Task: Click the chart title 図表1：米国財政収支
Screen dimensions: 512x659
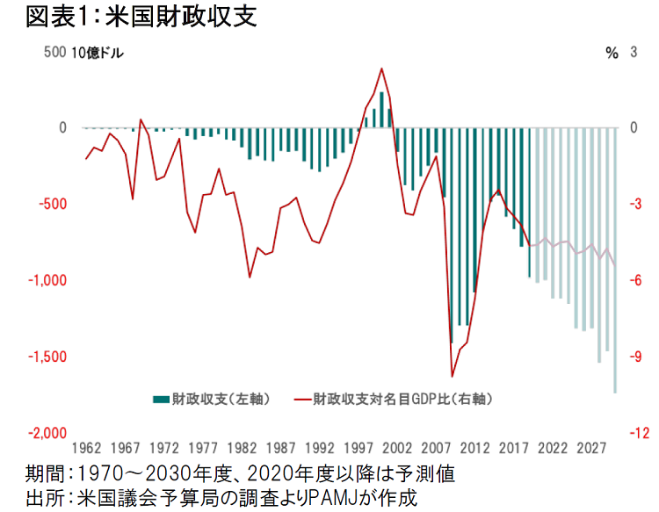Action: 141,18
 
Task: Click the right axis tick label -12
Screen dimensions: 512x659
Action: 641,433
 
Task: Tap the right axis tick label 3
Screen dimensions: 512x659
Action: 634,52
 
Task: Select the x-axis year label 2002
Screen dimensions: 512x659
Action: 397,448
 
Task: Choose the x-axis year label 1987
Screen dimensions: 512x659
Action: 280,448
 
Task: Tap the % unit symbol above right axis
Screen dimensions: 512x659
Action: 612,52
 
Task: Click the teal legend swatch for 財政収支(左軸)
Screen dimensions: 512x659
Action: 160,399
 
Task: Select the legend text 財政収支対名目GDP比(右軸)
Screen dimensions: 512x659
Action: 401,399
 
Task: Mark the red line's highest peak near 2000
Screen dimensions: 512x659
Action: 381,69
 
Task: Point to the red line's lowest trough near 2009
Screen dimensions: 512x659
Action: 452,376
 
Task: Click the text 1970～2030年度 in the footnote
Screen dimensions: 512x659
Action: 156,474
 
